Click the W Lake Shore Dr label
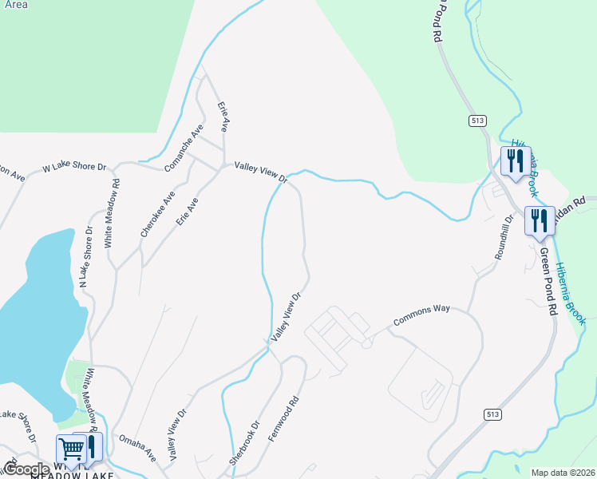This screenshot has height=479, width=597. [74, 168]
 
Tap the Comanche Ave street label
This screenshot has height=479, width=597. [185, 148]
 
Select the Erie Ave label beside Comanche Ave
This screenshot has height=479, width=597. [225, 116]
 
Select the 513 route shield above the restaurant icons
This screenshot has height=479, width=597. [477, 120]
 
